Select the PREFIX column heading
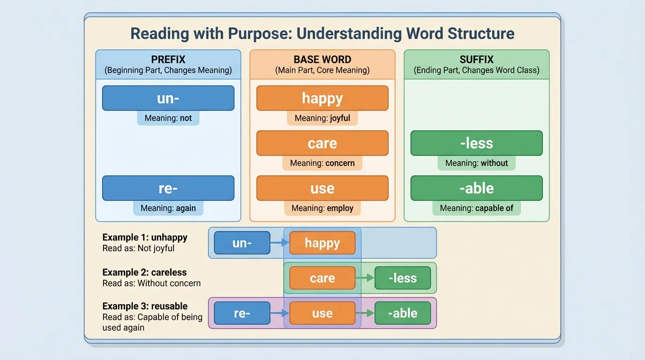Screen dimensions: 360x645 point(168,60)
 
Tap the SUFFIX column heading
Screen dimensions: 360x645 point(476,60)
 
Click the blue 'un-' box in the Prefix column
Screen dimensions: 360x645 point(168,98)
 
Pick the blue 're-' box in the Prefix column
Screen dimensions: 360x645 point(168,188)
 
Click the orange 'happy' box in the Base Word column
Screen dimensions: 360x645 point(322,98)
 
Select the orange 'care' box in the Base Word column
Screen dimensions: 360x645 point(322,143)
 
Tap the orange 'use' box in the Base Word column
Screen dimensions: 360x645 point(322,188)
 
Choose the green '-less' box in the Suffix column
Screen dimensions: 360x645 point(476,143)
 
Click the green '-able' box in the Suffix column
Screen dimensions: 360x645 point(476,188)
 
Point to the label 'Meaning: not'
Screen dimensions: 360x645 point(168,118)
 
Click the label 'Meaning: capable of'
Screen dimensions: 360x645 point(476,208)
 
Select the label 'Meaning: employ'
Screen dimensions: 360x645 point(322,208)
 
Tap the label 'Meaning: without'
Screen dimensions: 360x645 point(476,163)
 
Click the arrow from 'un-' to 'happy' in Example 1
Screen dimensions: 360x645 point(280,243)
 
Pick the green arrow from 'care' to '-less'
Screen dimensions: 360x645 point(365,278)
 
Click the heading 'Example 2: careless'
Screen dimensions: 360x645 point(144,272)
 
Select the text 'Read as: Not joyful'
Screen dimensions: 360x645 point(138,248)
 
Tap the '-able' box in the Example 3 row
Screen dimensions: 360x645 point(402,314)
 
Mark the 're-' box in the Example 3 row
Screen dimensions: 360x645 point(242,314)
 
